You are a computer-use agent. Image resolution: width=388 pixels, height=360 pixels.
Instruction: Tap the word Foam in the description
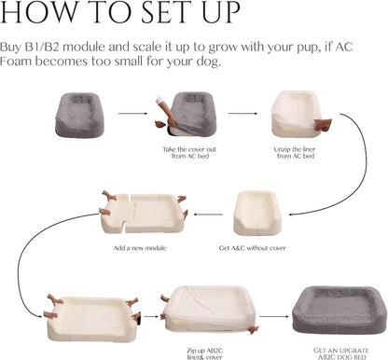click(16, 61)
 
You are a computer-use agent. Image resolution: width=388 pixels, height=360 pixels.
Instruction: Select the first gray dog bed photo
click(80, 115)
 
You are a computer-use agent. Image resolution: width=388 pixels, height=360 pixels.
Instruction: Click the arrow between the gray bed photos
click(132, 114)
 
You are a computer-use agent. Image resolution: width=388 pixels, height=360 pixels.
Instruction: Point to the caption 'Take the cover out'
click(189, 149)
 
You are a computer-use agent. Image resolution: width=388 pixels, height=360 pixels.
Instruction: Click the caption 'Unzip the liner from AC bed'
click(295, 153)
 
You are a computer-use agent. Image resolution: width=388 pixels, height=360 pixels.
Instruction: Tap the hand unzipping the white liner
click(323, 124)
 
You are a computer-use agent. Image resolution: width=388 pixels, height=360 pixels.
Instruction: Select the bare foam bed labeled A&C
click(257, 213)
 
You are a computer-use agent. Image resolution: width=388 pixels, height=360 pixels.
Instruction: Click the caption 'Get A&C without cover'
click(252, 248)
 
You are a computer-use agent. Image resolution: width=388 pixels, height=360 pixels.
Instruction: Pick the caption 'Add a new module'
click(140, 248)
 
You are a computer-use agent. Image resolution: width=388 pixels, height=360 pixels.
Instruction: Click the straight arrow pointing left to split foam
click(208, 215)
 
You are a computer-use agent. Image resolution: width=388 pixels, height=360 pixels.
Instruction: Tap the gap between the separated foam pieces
click(129, 215)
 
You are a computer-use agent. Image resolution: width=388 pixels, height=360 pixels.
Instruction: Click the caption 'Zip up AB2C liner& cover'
click(204, 353)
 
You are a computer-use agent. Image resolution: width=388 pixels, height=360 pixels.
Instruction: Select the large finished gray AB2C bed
click(339, 311)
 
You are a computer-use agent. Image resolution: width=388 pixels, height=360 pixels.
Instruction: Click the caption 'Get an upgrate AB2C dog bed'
click(341, 353)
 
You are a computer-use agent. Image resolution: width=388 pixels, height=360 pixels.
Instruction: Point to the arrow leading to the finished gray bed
click(274, 317)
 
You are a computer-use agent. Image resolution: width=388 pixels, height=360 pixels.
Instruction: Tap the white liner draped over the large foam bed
click(211, 302)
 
